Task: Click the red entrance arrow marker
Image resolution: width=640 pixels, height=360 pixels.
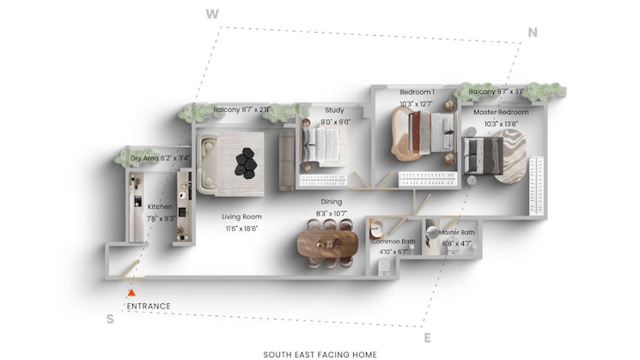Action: coord(131,293)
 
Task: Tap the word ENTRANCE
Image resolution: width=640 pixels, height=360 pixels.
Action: coord(149,306)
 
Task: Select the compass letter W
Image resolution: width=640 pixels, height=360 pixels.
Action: coord(210,13)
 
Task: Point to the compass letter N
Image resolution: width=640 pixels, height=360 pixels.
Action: coord(533,33)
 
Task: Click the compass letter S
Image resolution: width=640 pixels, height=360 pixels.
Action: coord(110,319)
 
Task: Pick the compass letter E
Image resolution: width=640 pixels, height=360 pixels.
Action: coord(427,338)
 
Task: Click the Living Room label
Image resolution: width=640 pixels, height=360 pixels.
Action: coord(242,217)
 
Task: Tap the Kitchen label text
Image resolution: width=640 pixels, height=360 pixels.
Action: coord(160,207)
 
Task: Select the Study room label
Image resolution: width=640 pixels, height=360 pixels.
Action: coord(334,110)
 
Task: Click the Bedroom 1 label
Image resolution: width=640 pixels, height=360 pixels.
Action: coord(417,92)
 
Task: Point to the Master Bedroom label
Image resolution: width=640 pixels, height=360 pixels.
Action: coord(501,112)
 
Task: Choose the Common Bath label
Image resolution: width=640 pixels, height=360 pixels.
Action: coord(393,241)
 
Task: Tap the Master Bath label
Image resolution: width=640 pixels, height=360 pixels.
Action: coord(456,233)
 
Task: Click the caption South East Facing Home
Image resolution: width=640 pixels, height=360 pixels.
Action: coord(320,354)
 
